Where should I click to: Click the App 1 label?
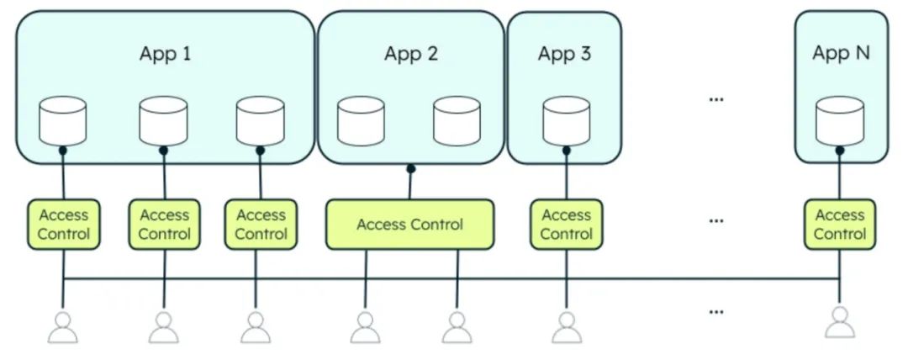pos(165,55)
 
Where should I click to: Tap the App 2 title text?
pos(411,55)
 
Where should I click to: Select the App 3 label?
pos(564,55)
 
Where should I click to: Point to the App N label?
pos(841,53)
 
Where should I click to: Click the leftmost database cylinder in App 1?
pos(63,121)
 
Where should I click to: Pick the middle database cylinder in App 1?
pos(163,121)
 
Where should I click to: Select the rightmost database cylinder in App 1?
pos(261,121)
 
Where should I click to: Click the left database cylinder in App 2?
pos(361,121)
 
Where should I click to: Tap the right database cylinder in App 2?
pos(457,121)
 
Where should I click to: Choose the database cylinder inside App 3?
pos(566,121)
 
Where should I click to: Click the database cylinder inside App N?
pos(840,121)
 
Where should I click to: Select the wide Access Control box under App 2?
pos(409,225)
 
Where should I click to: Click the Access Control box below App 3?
pos(566,225)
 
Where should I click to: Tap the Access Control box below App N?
pos(840,225)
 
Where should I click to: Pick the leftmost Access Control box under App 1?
pos(64,225)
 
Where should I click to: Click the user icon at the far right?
pos(840,322)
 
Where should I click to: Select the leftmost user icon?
pos(63,327)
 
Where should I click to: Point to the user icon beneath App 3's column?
pos(566,327)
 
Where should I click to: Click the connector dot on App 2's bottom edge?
pos(411,168)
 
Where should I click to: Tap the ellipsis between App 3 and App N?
pos(716,99)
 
